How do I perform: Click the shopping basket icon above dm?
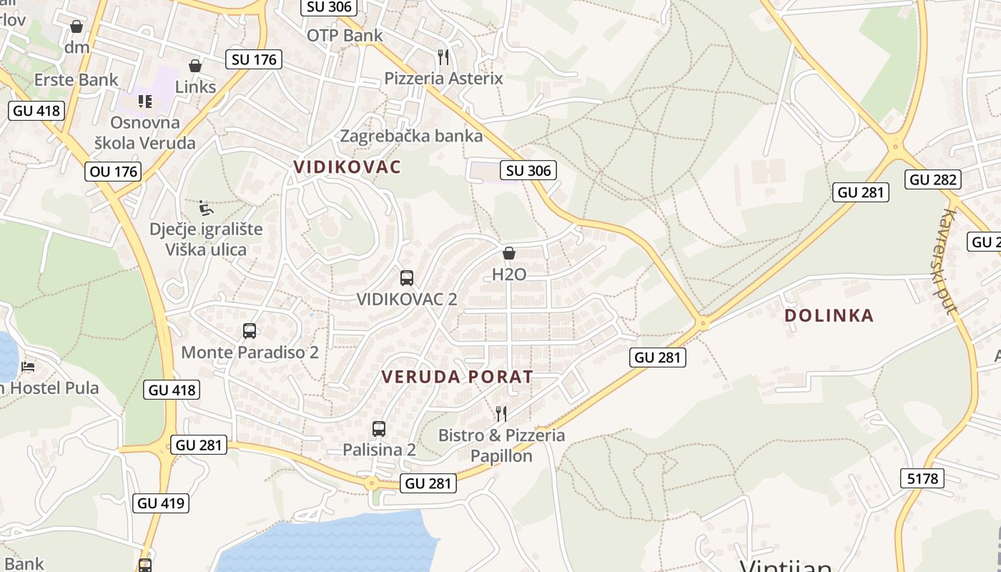point(77,26)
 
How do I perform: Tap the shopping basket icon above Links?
point(194,66)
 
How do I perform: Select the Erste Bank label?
point(76,79)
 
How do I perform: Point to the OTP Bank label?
point(345,35)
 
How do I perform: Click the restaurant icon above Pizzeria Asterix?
point(443,56)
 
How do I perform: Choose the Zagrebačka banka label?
point(411,135)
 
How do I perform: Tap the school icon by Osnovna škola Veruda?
point(145,101)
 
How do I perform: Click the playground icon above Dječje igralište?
point(206,208)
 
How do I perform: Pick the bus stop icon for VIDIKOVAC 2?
point(406,278)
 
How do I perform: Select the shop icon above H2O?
point(509,253)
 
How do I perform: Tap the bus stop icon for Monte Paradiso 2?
point(250,331)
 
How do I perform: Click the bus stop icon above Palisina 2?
point(379,429)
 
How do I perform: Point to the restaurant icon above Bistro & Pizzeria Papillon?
point(501,413)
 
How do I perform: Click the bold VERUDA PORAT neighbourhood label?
point(457,377)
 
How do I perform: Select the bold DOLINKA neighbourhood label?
point(829,315)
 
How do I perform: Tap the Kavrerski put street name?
point(949,262)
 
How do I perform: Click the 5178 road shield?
point(922,478)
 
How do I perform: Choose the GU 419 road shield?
point(161,503)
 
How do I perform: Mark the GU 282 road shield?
point(932,179)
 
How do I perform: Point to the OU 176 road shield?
point(113,172)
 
